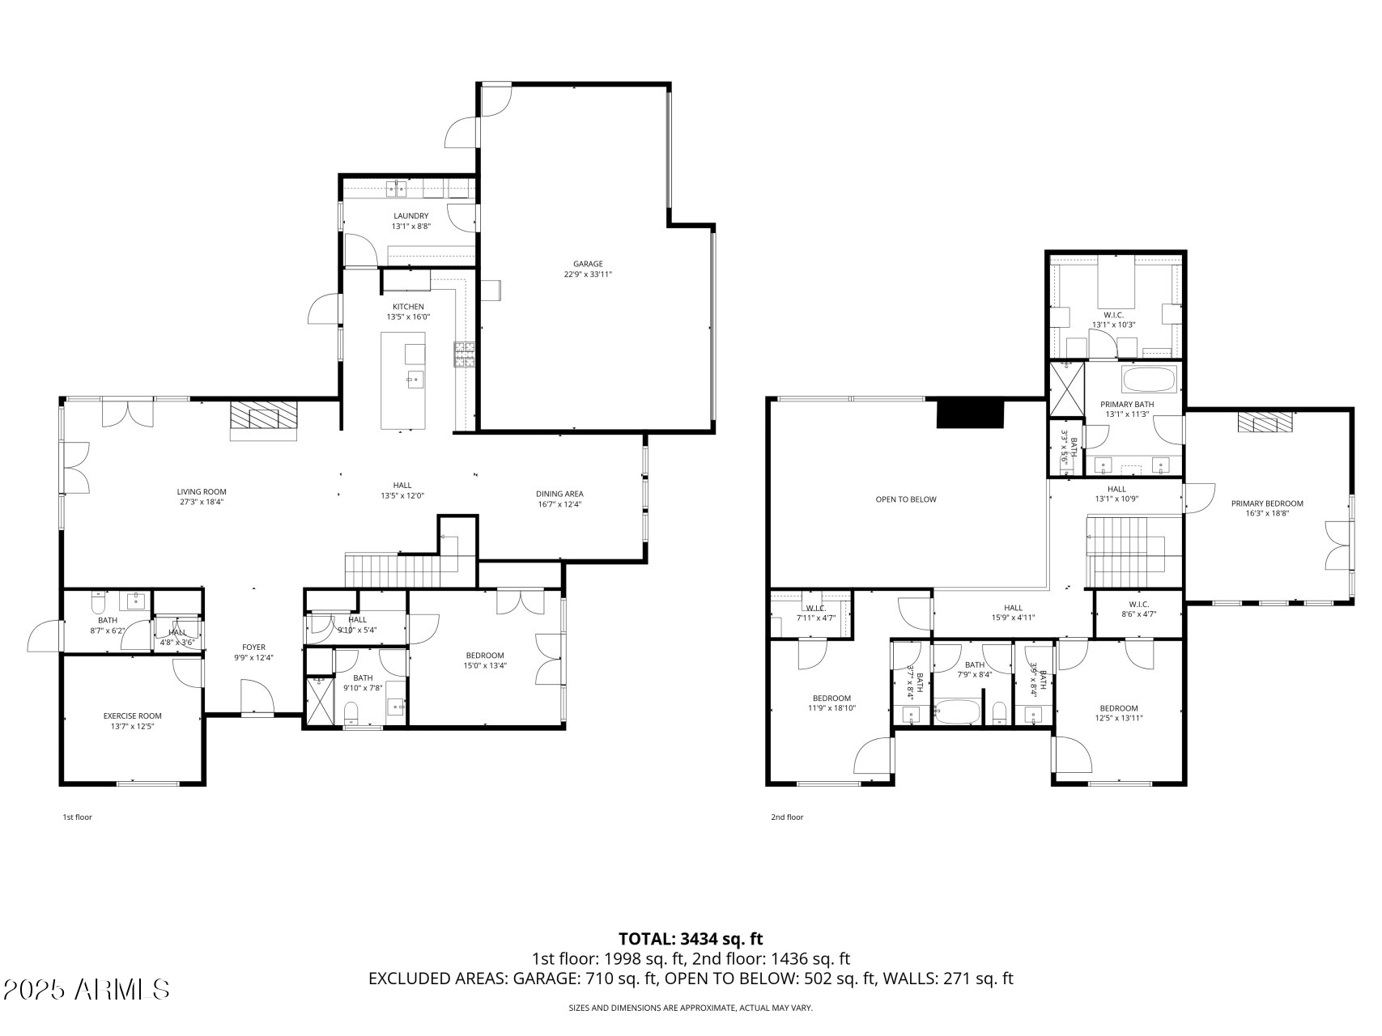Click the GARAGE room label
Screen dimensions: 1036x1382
588,264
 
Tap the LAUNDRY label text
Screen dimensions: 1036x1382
410,216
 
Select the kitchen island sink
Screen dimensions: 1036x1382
414,378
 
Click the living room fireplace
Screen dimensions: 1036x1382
264,418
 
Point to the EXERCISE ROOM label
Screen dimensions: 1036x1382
132,715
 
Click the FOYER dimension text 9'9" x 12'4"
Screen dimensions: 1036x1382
253,657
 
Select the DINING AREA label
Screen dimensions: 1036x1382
559,494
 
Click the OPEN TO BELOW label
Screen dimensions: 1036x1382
905,499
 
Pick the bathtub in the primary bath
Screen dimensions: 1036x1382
1149,379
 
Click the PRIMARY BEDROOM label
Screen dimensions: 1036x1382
1267,503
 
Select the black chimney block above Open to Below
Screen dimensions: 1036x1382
970,414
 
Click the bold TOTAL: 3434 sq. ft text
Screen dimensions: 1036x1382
691,939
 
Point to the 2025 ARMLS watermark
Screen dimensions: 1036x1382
87,989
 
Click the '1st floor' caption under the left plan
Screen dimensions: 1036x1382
78,817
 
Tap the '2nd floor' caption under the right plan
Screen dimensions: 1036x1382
787,817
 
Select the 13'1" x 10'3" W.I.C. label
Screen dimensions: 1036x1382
1113,320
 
